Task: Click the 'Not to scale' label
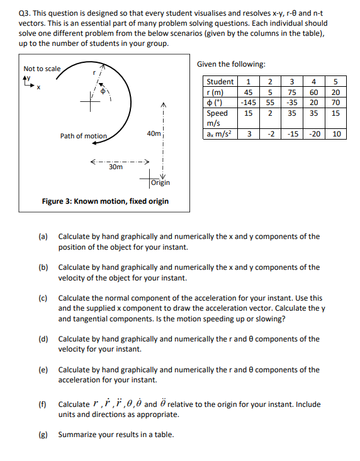(x=42, y=69)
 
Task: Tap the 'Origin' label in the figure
(x=160, y=183)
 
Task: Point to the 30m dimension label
(x=115, y=168)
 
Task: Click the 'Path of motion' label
(x=84, y=136)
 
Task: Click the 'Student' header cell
(x=220, y=82)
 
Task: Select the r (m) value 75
(x=292, y=92)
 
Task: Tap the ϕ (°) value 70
(x=335, y=102)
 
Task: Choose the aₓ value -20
(x=313, y=134)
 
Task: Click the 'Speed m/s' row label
(x=218, y=118)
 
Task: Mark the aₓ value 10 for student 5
(x=336, y=134)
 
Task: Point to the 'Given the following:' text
(x=230, y=64)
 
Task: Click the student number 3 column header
(x=292, y=82)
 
